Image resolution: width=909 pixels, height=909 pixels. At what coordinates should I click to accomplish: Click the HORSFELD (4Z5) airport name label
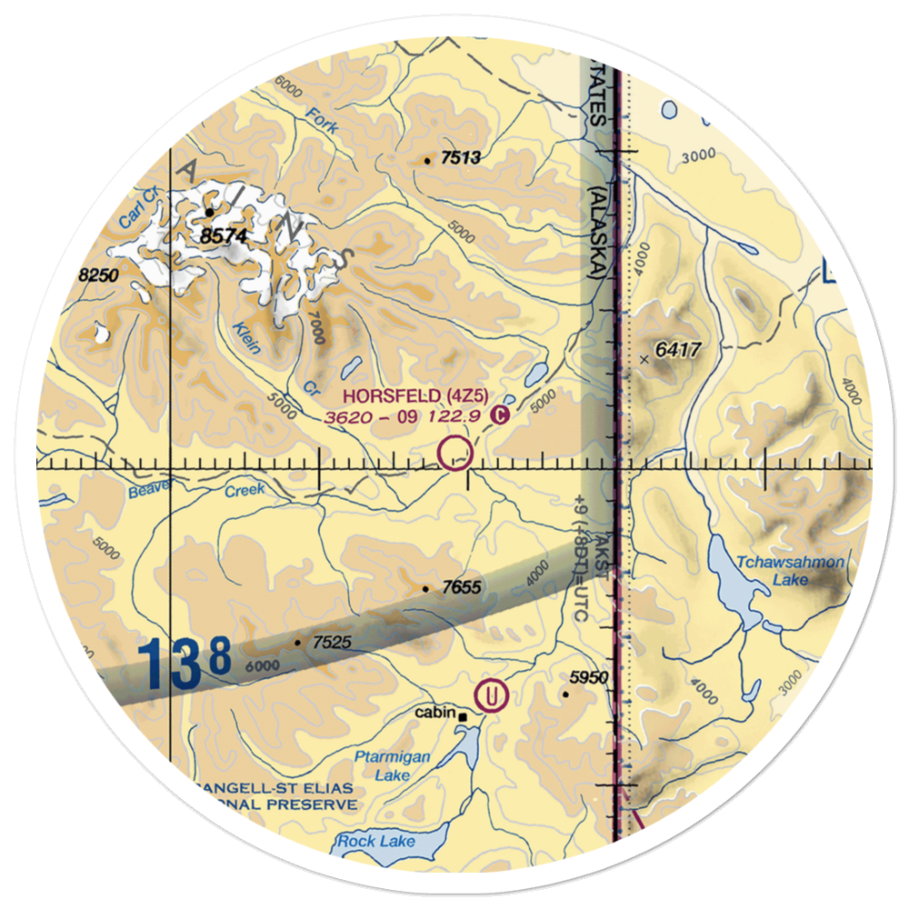[x=417, y=395]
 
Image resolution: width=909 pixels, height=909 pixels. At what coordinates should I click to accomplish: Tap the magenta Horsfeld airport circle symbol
[x=455, y=452]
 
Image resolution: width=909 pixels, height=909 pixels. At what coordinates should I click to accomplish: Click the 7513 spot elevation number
[x=460, y=159]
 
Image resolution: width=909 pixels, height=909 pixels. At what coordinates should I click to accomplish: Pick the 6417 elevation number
[x=686, y=350]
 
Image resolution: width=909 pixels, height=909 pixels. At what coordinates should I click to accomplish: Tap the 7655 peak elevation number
[x=461, y=588]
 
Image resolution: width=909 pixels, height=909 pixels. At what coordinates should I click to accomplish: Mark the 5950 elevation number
[x=588, y=678]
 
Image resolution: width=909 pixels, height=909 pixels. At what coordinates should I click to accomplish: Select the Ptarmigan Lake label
[x=393, y=765]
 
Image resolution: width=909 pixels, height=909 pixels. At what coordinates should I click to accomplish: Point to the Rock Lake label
[x=376, y=842]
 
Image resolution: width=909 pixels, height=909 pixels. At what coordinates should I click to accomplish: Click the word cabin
[x=435, y=713]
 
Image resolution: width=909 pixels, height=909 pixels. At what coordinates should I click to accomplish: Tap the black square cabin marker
[x=463, y=717]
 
